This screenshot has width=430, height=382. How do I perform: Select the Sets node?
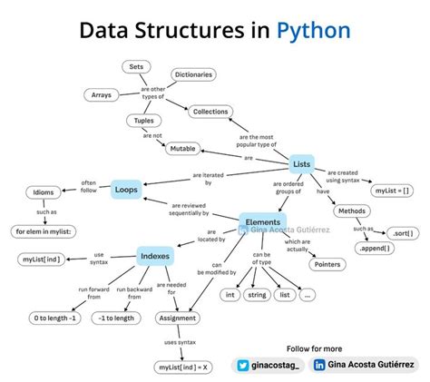138,67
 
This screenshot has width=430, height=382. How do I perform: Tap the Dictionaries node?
194,75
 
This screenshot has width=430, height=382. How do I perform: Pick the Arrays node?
102,94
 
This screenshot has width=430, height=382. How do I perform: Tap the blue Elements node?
262,220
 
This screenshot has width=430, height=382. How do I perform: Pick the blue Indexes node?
155,257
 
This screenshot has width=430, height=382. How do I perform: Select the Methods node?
350,211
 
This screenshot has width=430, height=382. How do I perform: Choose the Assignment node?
178,318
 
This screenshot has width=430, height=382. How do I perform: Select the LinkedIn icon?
320,365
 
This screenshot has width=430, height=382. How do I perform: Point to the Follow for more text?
315,348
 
